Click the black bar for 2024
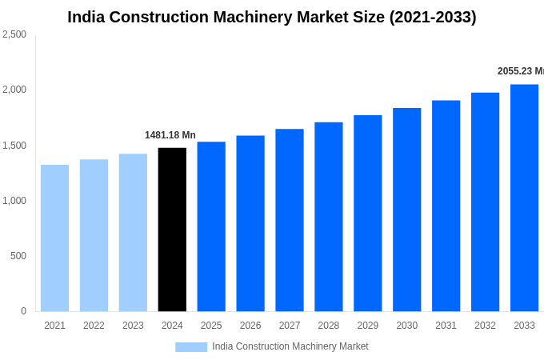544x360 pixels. (172, 230)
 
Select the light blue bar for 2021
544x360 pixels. (54, 238)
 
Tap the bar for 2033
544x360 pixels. (524, 198)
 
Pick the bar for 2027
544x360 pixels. (290, 220)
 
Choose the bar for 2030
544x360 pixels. (406, 210)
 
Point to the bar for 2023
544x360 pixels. (133, 233)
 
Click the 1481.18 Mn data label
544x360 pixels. (170, 135)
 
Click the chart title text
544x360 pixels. (271, 17)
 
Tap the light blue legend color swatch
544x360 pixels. (191, 347)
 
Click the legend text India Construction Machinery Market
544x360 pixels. (290, 346)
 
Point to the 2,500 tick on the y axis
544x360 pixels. (14, 34)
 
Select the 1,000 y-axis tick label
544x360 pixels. (14, 201)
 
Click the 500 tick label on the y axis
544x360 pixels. (18, 256)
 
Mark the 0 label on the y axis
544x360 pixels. (23, 311)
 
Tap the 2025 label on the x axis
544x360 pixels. (211, 326)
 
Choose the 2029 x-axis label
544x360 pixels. (367, 326)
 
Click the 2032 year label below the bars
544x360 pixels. (485, 326)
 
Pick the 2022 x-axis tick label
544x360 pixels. (94, 326)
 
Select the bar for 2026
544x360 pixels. (250, 223)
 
